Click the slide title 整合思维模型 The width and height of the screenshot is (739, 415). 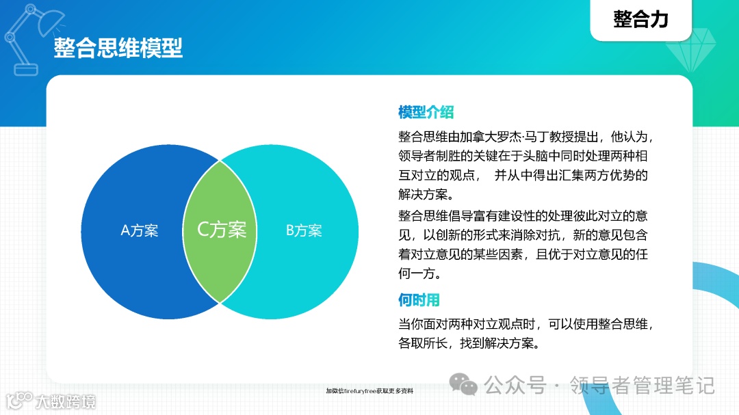[118, 49]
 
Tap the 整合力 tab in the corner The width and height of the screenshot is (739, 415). [640, 19]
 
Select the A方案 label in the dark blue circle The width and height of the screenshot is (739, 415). [140, 231]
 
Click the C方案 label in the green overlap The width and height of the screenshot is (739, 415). [222, 229]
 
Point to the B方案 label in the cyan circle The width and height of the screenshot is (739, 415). [303, 231]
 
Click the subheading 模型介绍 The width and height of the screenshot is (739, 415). [426, 113]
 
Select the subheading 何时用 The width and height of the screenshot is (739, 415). [419, 300]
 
